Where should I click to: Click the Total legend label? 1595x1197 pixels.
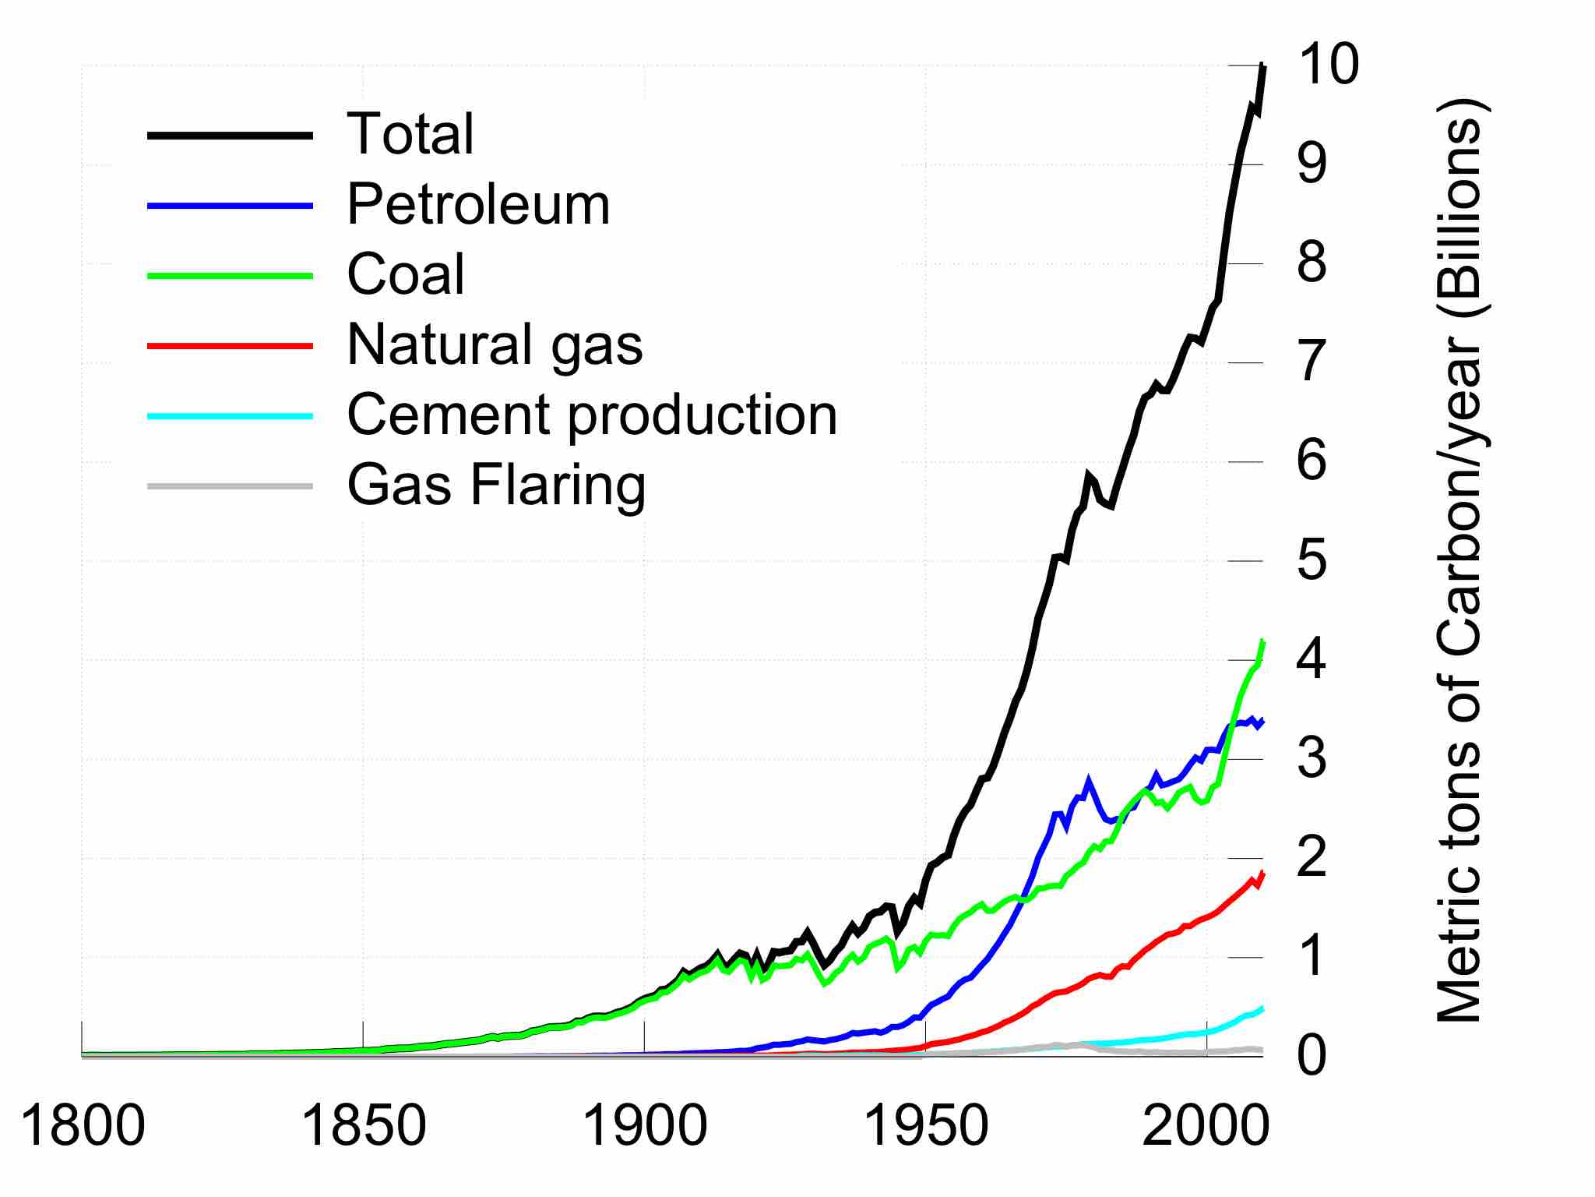[410, 134]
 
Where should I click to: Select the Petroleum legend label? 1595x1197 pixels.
[478, 205]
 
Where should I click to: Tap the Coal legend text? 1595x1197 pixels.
[406, 274]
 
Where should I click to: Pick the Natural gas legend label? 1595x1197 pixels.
[495, 344]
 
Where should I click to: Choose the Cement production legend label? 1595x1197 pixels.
[592, 415]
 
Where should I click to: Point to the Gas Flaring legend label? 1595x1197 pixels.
[496, 485]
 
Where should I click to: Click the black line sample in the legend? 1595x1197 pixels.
[231, 136]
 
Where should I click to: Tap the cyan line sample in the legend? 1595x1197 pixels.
[231, 416]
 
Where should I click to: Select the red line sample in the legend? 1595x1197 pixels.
[231, 345]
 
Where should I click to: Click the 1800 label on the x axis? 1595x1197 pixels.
[83, 1127]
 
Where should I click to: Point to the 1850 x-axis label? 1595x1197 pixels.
[363, 1127]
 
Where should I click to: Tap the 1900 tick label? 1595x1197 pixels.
[645, 1127]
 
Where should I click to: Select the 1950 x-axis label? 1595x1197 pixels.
[926, 1127]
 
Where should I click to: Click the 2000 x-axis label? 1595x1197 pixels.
[1206, 1127]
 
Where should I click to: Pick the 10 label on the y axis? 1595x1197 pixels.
[1327, 65]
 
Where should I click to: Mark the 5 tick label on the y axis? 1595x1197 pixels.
[1312, 561]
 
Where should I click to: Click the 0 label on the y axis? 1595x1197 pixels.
[1312, 1057]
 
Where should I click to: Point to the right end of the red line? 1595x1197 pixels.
[1262, 873]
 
